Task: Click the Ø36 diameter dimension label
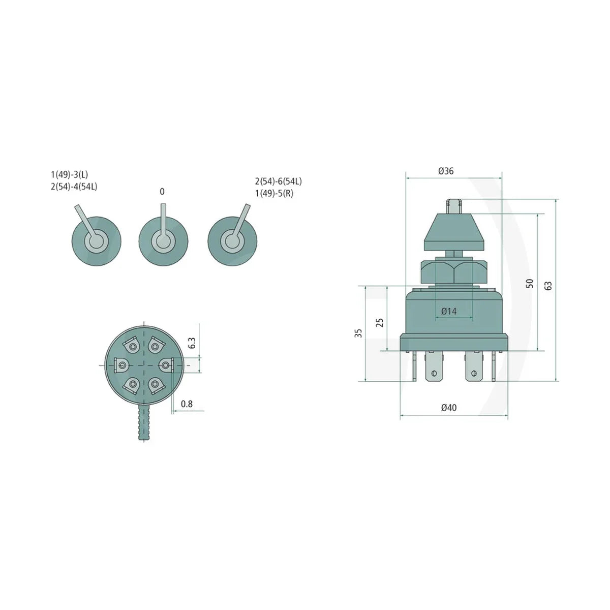(x=446, y=171)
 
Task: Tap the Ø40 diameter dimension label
(x=448, y=408)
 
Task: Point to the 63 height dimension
(x=548, y=286)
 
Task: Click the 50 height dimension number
(x=530, y=284)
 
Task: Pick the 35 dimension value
(x=358, y=333)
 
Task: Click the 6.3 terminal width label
(x=192, y=343)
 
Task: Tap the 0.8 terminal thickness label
(x=187, y=404)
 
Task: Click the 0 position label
(x=162, y=192)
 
